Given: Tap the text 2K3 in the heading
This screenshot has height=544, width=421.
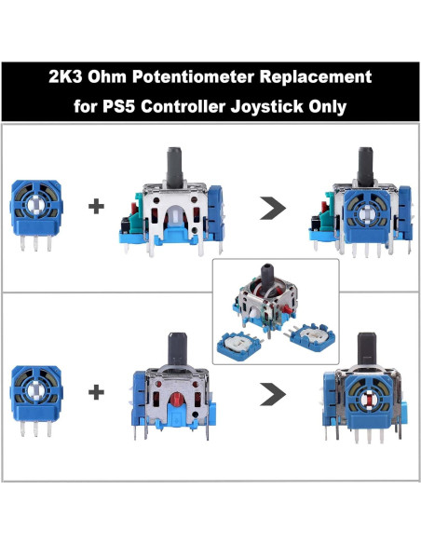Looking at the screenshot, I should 65,75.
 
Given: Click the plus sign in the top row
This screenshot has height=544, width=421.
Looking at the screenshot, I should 96,207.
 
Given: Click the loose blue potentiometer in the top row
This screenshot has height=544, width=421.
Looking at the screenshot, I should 38,207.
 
